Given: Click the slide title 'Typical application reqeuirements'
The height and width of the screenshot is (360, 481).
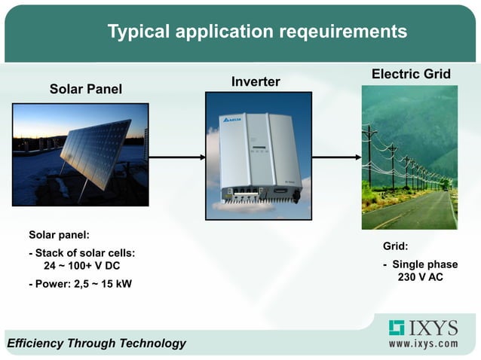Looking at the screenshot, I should pyautogui.click(x=257, y=32).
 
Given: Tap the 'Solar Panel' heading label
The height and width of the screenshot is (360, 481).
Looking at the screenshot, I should pyautogui.click(x=85, y=90).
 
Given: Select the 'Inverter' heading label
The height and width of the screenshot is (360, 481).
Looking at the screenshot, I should pyautogui.click(x=256, y=81).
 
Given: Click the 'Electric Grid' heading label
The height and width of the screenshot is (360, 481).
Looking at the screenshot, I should pyautogui.click(x=411, y=74).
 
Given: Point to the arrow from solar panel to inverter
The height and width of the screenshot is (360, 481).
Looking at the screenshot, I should pyautogui.click(x=177, y=157).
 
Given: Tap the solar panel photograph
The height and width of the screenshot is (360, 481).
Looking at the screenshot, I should pyautogui.click(x=81, y=154).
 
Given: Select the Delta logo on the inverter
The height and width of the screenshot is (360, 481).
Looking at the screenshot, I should pyautogui.click(x=230, y=121).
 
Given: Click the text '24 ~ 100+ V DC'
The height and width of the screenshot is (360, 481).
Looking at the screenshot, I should pyautogui.click(x=81, y=267).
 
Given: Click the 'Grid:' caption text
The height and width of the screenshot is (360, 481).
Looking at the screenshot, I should pyautogui.click(x=395, y=246).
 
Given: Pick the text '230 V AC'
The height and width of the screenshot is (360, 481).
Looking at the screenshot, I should pyautogui.click(x=420, y=277).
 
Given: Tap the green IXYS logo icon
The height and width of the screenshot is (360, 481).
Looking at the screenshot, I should pyautogui.click(x=397, y=328).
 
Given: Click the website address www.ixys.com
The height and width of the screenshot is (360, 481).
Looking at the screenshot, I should pyautogui.click(x=423, y=343).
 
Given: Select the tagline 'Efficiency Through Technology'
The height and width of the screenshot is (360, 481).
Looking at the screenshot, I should pyautogui.click(x=97, y=343).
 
